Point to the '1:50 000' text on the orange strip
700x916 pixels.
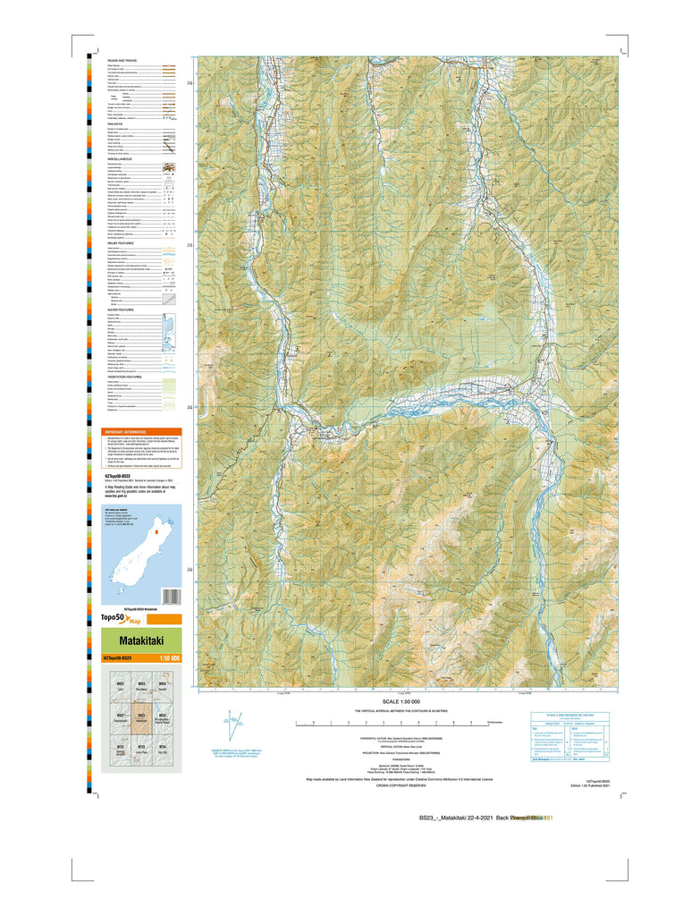pyautogui.click(x=169, y=658)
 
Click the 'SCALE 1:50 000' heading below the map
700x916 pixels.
pyautogui.click(x=407, y=701)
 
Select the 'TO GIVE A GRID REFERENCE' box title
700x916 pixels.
pyautogui.click(x=569, y=714)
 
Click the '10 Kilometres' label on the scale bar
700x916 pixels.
pyautogui.click(x=497, y=721)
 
